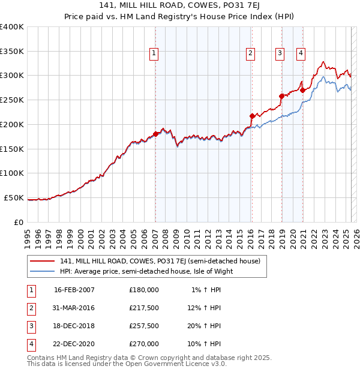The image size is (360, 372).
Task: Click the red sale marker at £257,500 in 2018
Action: pyautogui.click(x=281, y=96)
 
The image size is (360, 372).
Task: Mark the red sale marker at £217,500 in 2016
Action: pyautogui.click(x=252, y=115)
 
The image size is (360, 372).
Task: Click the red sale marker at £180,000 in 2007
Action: pyautogui.click(x=155, y=134)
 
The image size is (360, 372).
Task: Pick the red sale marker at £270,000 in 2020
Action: pyautogui.click(x=302, y=90)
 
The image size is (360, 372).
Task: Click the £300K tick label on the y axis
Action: pyautogui.click(x=12, y=76)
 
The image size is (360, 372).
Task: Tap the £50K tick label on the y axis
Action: pyautogui.click(x=14, y=197)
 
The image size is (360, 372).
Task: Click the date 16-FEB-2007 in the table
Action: pyautogui.click(x=74, y=290)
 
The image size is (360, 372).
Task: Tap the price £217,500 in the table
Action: pyautogui.click(x=144, y=308)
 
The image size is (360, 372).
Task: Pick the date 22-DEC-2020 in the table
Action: pyautogui.click(x=74, y=344)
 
